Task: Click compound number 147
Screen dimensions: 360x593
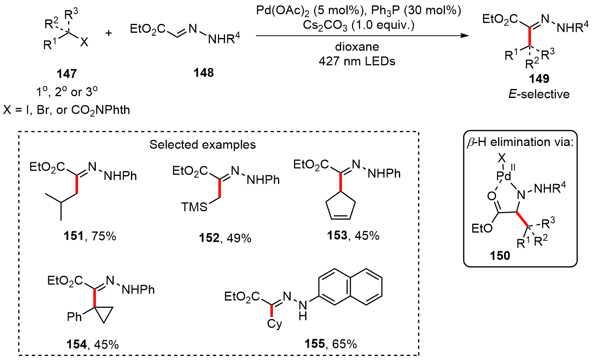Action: (x=67, y=74)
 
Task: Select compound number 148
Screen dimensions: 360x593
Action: (x=203, y=73)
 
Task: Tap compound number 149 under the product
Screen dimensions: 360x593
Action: (x=539, y=78)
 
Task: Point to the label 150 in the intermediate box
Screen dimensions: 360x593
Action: (x=500, y=256)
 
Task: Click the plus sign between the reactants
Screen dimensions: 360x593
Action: (x=109, y=33)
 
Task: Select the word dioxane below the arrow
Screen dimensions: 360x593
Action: (x=357, y=47)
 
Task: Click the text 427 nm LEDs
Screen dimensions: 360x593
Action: (x=357, y=61)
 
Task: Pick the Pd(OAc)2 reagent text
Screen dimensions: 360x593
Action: (x=283, y=11)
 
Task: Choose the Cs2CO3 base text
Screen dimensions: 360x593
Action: (x=325, y=25)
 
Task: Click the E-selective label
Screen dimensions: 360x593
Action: (x=539, y=94)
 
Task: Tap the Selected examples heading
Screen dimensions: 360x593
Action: (x=203, y=145)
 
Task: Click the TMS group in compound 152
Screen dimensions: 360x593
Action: (x=194, y=207)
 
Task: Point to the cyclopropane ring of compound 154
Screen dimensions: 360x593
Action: (x=103, y=314)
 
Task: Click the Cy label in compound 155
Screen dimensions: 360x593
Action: (x=274, y=324)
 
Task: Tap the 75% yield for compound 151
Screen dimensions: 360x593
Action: (x=104, y=236)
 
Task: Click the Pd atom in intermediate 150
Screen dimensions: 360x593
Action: (x=504, y=176)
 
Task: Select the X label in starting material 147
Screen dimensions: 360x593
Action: (x=84, y=42)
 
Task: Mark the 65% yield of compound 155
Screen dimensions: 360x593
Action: (x=345, y=344)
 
